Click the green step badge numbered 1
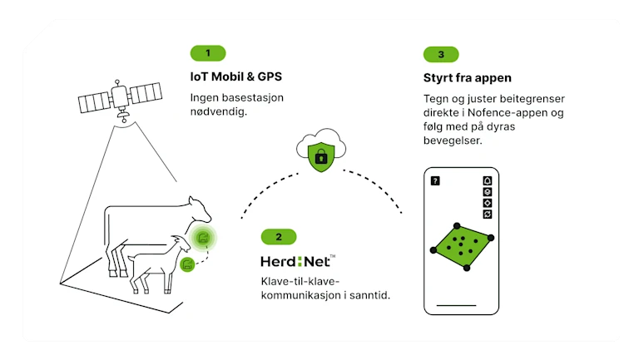pos(208,53)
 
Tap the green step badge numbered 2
pos(279,237)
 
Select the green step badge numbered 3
pos(441,55)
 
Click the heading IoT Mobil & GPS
pos(235,77)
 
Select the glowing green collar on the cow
pos(203,239)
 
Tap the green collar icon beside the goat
pos(188,264)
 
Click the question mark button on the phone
pos(434,180)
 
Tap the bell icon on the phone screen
pos(488,180)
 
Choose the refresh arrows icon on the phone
pos(488,214)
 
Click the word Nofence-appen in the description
pos(508,113)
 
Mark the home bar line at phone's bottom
pos(460,307)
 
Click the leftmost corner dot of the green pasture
pos(433,249)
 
